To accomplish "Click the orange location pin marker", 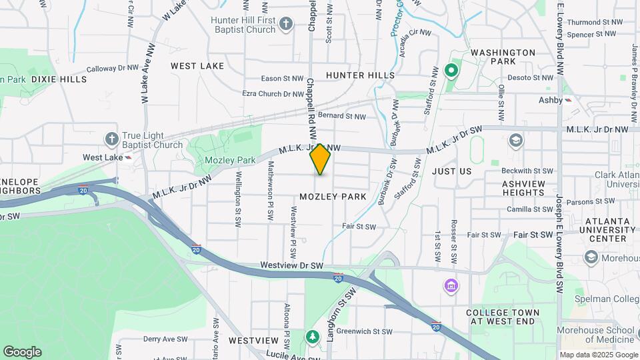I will pos(321,159).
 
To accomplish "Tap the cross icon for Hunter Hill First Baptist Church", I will pos(286,25).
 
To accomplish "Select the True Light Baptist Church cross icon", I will pos(112,138).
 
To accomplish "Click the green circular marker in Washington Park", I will pos(451,69).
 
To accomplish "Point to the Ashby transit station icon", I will pos(568,100).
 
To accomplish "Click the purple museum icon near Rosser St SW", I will pos(451,286).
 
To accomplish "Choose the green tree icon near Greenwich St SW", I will pos(311,336).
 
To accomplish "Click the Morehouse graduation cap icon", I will pos(590,257).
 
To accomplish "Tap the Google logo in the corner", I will pos(22,352).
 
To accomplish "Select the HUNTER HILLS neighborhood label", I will pos(360,75).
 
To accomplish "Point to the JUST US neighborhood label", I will pos(451,171).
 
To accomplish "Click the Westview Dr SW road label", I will pos(291,265).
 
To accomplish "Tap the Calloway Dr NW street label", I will pos(111,69).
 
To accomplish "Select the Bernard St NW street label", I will pos(342,116).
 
